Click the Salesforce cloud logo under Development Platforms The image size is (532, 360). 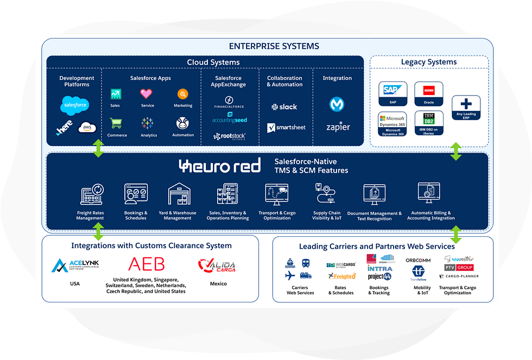pyautogui.click(x=75, y=104)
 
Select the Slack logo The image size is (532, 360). pyautogui.click(x=284, y=107)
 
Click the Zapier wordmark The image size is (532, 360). pyautogui.click(x=337, y=128)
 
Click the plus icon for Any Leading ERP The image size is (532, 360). pyautogui.click(x=466, y=104)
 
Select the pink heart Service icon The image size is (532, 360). pyautogui.click(x=146, y=93)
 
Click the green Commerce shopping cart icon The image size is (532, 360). pyautogui.click(x=116, y=123)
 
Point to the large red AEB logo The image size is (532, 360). pyautogui.click(x=145, y=264)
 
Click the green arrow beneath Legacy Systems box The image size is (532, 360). pyautogui.click(x=456, y=151)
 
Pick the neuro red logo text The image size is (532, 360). pyautogui.click(x=220, y=166)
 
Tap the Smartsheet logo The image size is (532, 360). pyautogui.click(x=286, y=128)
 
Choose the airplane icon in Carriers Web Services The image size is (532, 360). pyautogui.click(x=290, y=276)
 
